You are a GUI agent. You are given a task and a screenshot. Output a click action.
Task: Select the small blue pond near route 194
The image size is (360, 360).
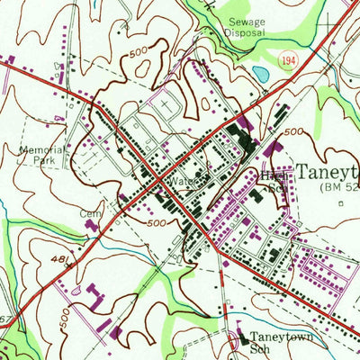pos(261,72)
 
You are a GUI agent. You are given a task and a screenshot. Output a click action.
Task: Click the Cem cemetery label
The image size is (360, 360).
pos(92,214)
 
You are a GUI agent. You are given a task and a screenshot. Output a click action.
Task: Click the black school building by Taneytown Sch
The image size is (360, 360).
pos(241,339)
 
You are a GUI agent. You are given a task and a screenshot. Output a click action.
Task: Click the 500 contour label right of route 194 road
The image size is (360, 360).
pos(293,131)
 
